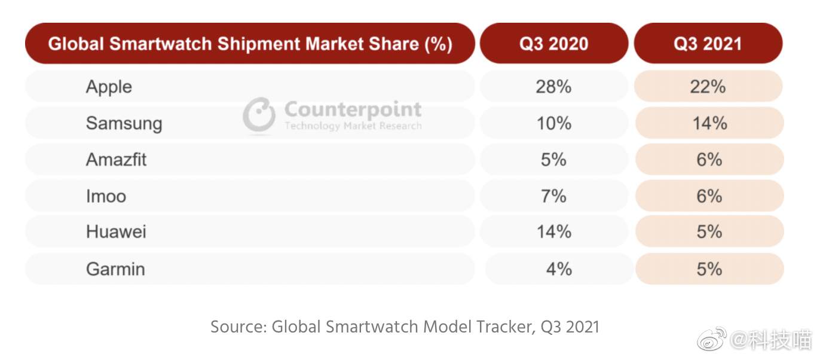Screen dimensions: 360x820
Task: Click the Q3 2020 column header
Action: point(553,44)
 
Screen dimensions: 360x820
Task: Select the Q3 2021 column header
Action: point(708,44)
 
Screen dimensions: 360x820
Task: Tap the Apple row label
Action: point(109,87)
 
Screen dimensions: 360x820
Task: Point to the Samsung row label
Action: point(124,124)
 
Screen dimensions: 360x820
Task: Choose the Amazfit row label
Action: point(116,160)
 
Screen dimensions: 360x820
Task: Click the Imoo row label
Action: point(106,196)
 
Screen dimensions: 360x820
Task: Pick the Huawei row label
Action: point(116,232)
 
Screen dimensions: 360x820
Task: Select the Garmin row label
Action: point(115,269)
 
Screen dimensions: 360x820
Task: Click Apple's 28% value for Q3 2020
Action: point(553,87)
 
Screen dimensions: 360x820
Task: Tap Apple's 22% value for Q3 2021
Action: point(708,87)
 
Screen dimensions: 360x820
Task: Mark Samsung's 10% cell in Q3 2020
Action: point(553,123)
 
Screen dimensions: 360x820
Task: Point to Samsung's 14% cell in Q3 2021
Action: point(709,123)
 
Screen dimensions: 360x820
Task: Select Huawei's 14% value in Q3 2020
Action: point(553,232)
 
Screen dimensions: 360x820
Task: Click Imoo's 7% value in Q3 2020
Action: point(553,196)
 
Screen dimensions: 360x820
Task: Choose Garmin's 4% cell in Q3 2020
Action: point(559,269)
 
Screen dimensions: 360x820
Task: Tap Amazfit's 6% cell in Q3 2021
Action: point(709,160)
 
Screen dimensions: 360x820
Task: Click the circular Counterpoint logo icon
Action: point(259,114)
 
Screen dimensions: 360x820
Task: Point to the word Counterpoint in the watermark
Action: point(353,109)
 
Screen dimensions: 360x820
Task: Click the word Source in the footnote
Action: point(237,327)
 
